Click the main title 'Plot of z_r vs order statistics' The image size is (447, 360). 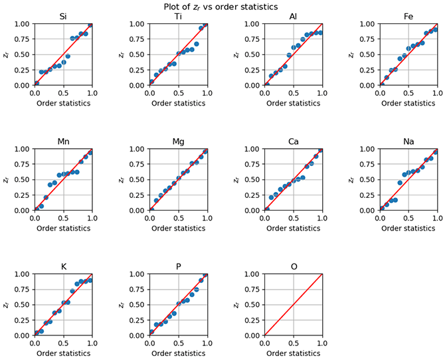click(x=221, y=7)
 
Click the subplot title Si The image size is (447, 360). click(x=63, y=16)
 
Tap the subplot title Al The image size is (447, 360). click(x=293, y=16)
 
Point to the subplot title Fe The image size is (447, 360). click(x=408, y=16)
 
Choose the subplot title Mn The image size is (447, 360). click(x=63, y=141)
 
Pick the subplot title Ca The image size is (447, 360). click(x=293, y=141)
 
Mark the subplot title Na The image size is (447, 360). click(x=408, y=141)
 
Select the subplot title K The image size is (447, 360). click(x=63, y=266)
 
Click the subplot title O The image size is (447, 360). click(x=293, y=266)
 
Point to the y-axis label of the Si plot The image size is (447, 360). click(x=7, y=54)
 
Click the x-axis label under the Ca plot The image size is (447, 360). click(x=293, y=228)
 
